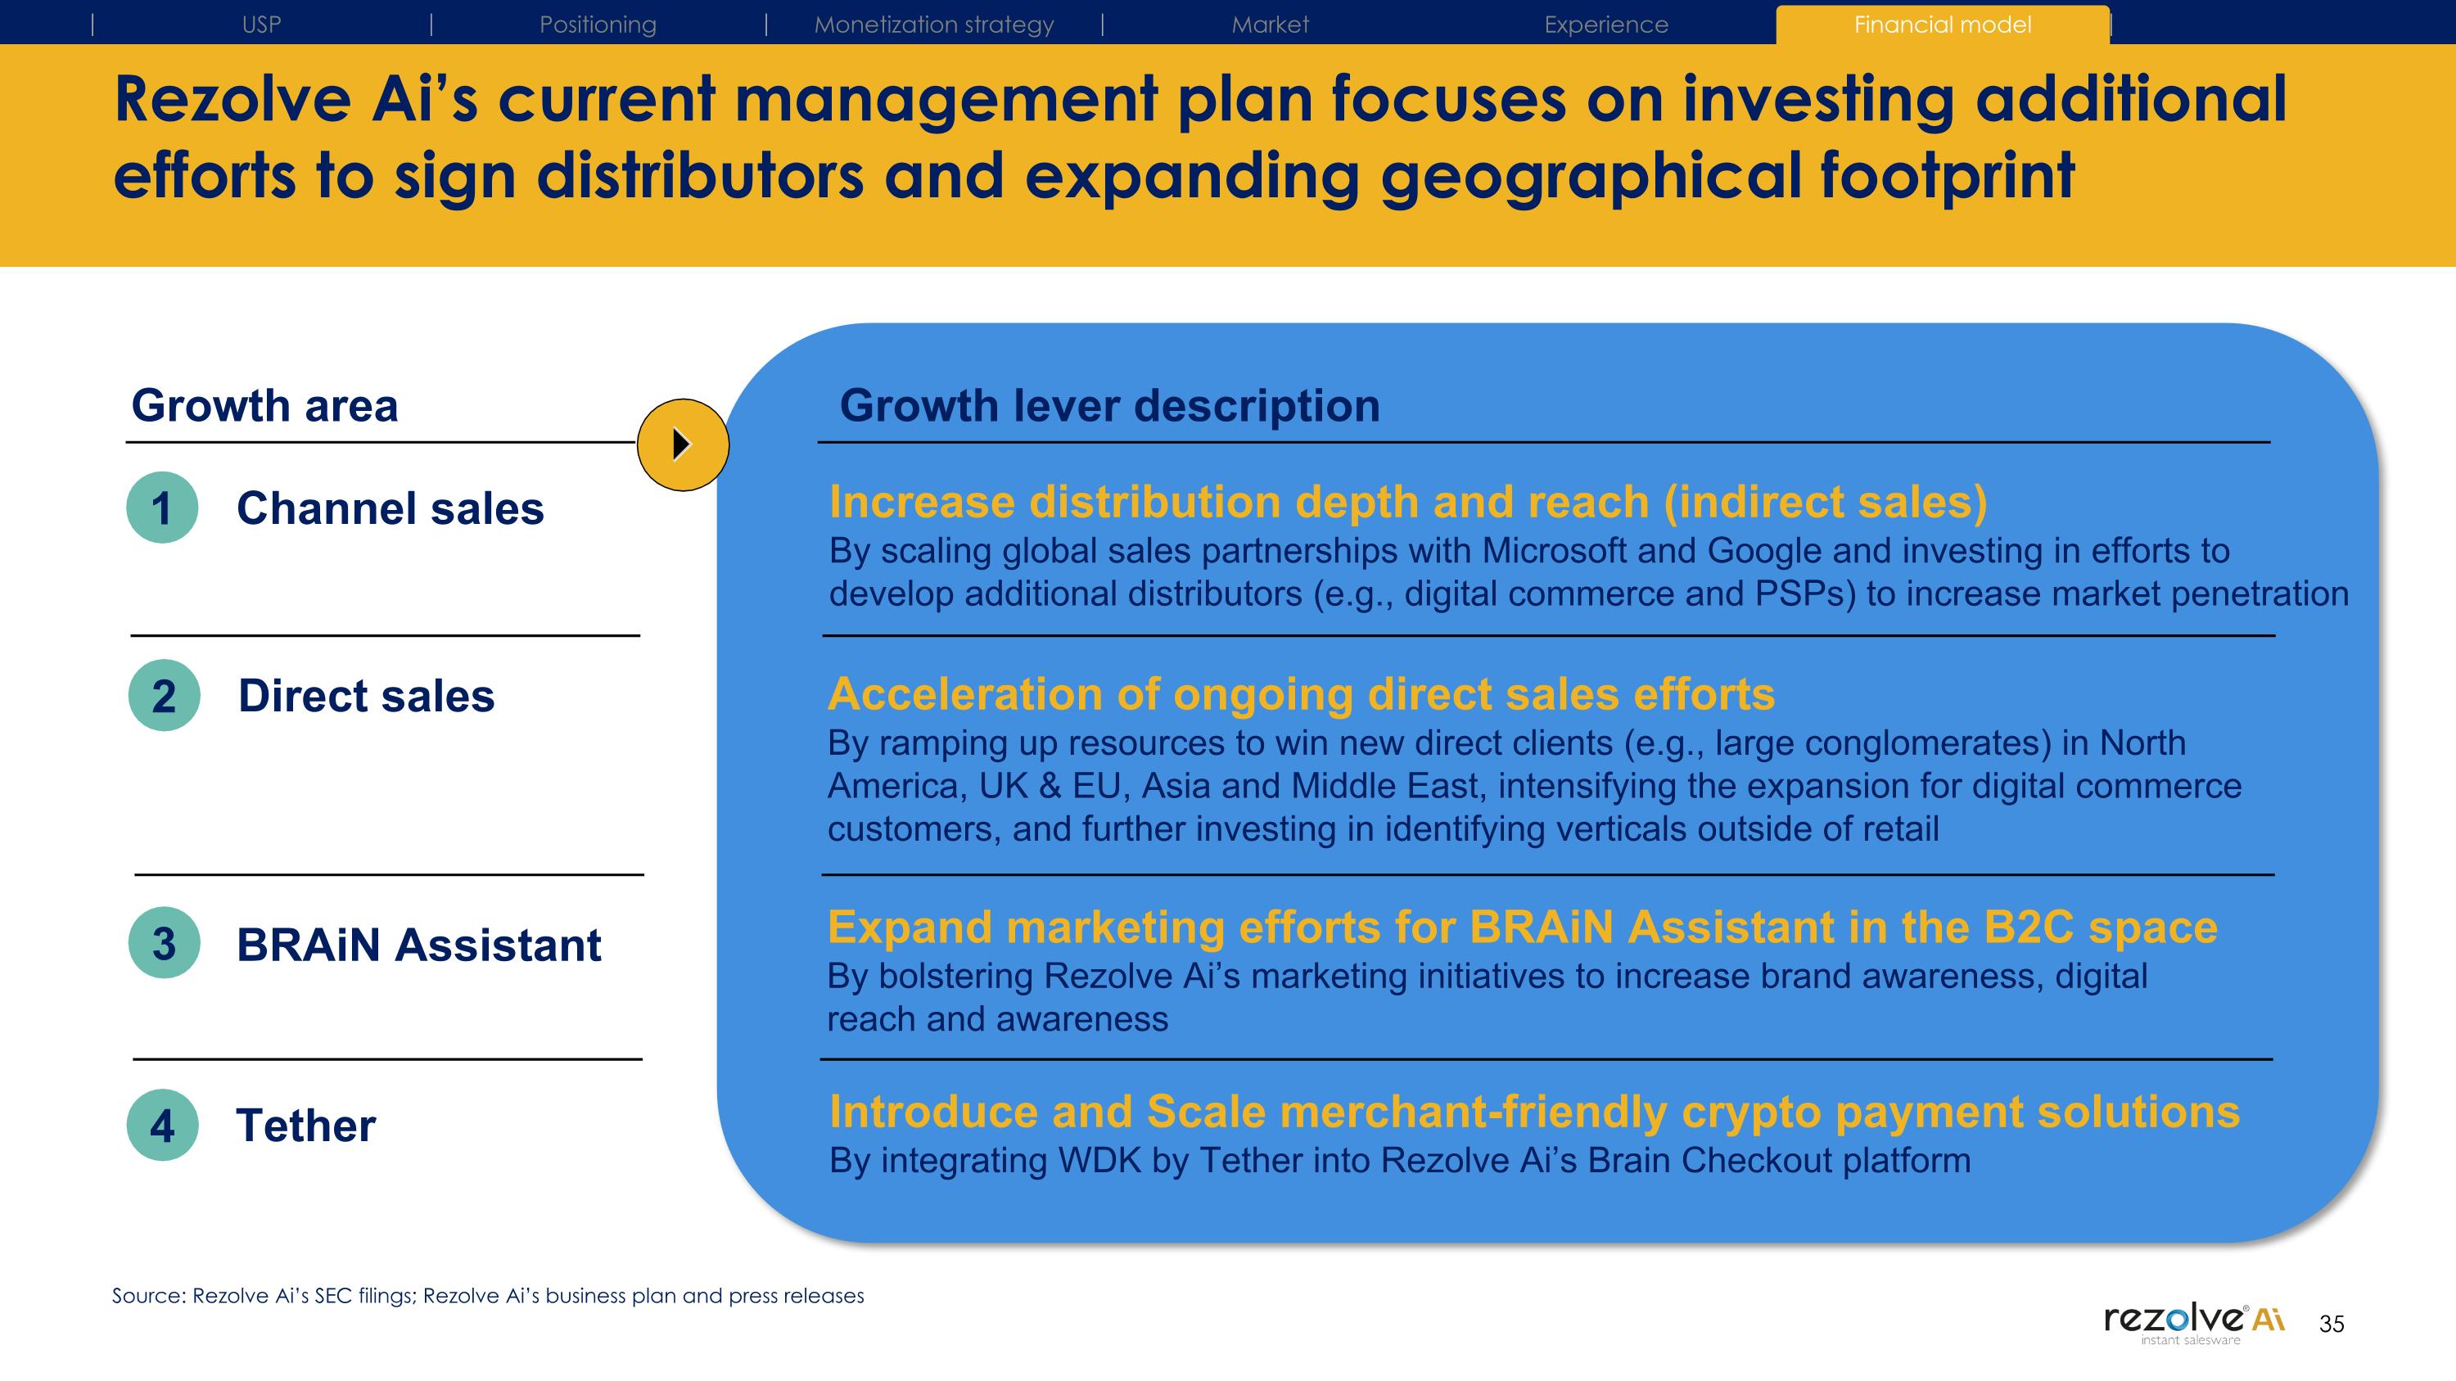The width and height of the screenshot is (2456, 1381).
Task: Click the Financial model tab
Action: pos(1942,25)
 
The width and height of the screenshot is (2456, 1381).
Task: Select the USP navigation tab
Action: pos(261,25)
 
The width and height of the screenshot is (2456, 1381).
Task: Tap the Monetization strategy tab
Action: pos(933,25)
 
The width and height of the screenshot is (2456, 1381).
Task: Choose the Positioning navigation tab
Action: pos(598,25)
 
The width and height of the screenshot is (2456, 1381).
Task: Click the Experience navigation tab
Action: pos(1605,25)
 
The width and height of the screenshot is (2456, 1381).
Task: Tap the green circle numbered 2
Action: pos(164,696)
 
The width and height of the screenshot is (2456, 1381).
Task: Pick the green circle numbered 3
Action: pos(164,942)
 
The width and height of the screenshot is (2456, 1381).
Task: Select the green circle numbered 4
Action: pos(162,1125)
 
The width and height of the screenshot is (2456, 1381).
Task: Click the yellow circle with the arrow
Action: pos(683,445)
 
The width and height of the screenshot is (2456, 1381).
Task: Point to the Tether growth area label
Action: pos(305,1126)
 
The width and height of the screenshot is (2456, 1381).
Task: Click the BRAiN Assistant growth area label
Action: pos(418,945)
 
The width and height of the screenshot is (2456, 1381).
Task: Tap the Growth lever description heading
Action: pos(1108,406)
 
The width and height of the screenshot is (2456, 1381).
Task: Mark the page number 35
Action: pos(2331,1324)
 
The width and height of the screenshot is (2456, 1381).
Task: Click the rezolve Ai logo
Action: pos(2193,1322)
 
